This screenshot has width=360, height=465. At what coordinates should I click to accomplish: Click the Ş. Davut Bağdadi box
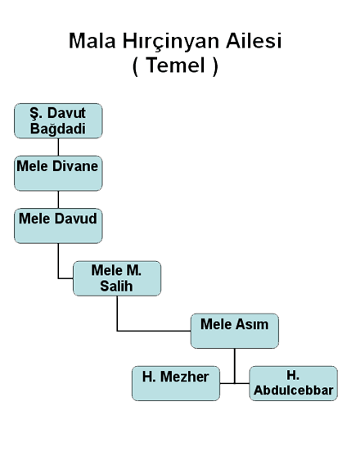[x=58, y=120]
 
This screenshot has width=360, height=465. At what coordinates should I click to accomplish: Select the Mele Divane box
[x=58, y=174]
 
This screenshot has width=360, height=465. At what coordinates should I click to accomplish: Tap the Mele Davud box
[x=58, y=226]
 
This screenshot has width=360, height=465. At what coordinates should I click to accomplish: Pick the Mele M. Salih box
[x=117, y=278]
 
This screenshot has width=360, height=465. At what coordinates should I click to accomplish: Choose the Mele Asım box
[x=235, y=331]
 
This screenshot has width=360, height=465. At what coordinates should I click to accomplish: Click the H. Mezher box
[x=176, y=383]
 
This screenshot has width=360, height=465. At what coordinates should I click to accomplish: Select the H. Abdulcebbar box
[x=294, y=383]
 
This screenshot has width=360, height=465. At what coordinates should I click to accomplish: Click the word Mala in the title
[x=92, y=41]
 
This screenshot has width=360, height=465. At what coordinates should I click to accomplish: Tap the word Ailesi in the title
[x=254, y=41]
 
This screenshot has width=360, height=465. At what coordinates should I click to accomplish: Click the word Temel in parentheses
[x=176, y=65]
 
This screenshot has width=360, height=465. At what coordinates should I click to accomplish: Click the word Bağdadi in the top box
[x=58, y=129]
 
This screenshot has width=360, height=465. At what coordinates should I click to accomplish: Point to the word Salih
[x=116, y=286]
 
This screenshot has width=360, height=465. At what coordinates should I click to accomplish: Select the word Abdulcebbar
[x=294, y=390]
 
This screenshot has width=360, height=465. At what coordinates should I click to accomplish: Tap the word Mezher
[x=184, y=377]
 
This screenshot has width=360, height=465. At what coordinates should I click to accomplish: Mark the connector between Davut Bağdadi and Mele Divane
[x=58, y=147]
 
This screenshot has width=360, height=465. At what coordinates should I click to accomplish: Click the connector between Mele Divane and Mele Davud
[x=58, y=200]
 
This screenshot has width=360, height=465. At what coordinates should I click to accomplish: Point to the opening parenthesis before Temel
[x=135, y=66]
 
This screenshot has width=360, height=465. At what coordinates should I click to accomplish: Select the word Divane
[x=75, y=166]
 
